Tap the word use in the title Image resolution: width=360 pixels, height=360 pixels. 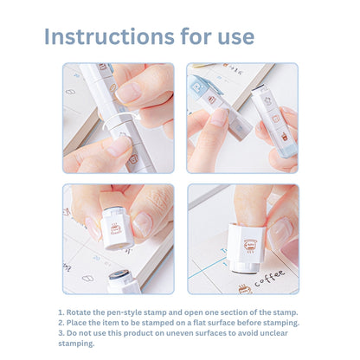pyautogui.click(x=232, y=36)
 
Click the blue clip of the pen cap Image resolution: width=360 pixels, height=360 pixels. pyautogui.click(x=202, y=87)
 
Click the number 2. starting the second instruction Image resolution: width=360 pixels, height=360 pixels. pyautogui.click(x=61, y=323)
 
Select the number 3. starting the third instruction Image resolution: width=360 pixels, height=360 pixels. pyautogui.click(x=61, y=333)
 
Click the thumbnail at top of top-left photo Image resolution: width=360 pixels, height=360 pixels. pyautogui.click(x=102, y=67)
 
